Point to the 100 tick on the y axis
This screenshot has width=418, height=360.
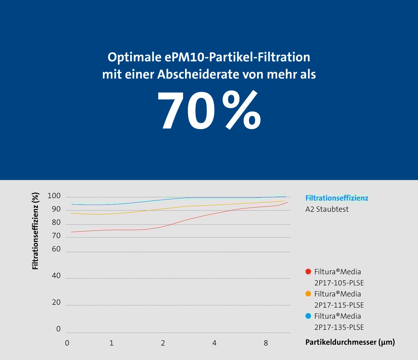coord(54,196)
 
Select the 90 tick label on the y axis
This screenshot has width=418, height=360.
coord(56,209)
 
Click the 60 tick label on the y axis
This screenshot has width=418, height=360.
coord(56,249)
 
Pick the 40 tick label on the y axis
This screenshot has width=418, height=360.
coord(56,276)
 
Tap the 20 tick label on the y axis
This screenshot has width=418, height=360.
coord(56,302)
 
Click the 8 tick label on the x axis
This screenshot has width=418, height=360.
coord(266,343)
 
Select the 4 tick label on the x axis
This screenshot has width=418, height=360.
coord(215,343)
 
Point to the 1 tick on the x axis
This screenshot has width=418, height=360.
coord(111,343)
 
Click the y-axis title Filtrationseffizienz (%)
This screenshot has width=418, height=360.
coord(35,231)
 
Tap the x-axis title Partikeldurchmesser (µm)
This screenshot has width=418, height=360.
coord(350,342)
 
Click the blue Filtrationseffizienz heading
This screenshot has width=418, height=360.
coord(337,198)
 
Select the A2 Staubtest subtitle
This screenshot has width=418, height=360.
coord(327,209)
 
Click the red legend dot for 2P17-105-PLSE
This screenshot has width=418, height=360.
coord(308,271)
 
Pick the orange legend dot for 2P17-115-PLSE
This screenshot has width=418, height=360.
coord(308,294)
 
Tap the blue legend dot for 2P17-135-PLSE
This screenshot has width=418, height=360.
coord(308,316)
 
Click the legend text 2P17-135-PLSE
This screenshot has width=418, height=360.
coord(339,327)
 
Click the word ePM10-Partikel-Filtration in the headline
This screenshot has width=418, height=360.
coord(237,57)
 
